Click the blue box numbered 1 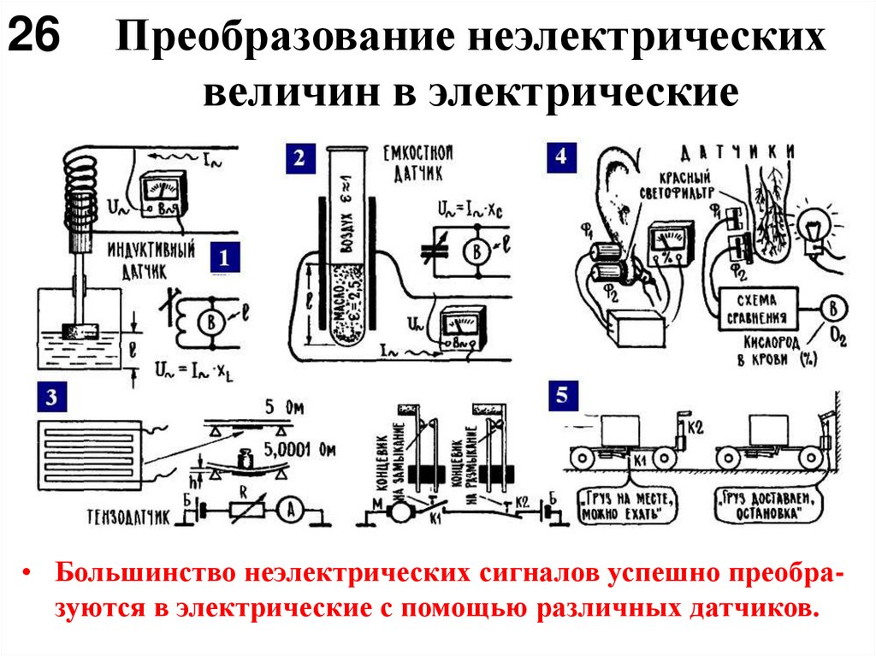coord(224,257)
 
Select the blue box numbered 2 coord(299,159)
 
